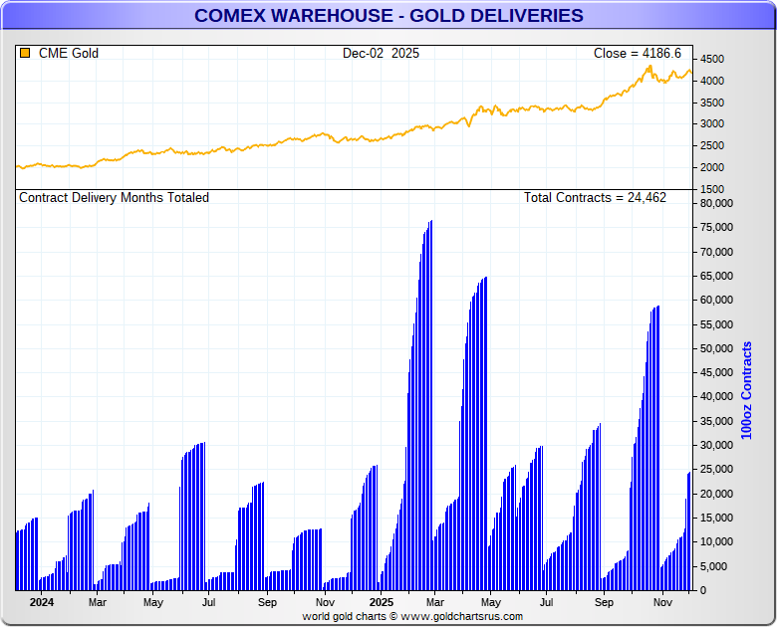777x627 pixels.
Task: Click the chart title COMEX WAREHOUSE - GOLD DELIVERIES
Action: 388,16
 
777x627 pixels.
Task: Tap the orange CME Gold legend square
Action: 25,53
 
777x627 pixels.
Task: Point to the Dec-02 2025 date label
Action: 381,53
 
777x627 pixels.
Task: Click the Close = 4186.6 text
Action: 638,53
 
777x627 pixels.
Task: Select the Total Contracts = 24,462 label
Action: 595,198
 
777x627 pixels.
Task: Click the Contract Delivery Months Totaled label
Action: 115,198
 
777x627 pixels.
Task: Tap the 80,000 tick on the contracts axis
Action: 717,203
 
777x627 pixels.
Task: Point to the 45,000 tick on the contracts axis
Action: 717,372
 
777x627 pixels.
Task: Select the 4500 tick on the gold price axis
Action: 712,59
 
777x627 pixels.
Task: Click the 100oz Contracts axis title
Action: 747,390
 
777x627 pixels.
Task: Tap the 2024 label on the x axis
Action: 41,602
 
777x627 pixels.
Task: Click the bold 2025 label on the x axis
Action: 382,602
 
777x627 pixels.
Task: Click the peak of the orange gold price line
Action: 649,66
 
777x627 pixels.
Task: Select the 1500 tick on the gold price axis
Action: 712,188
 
